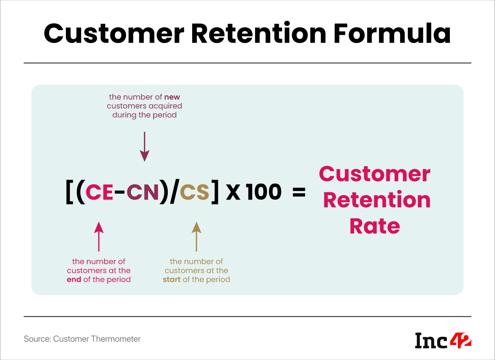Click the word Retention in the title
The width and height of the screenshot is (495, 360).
258,33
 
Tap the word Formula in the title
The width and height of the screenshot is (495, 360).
392,33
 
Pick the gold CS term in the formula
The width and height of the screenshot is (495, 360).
195,192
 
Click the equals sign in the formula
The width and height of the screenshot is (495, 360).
299,192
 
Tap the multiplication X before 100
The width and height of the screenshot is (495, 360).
233,192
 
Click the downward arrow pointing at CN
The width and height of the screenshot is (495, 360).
144,147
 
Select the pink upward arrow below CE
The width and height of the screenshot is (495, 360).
99,236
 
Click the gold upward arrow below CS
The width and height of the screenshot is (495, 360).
197,236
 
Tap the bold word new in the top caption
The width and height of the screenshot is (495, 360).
172,97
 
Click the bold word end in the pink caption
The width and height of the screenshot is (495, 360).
74,279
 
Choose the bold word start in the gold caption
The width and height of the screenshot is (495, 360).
172,279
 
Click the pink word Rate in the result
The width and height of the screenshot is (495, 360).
375,226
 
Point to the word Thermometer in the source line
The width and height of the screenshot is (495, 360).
116,339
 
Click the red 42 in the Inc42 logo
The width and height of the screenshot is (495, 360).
460,341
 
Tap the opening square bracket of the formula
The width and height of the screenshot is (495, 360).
69,192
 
